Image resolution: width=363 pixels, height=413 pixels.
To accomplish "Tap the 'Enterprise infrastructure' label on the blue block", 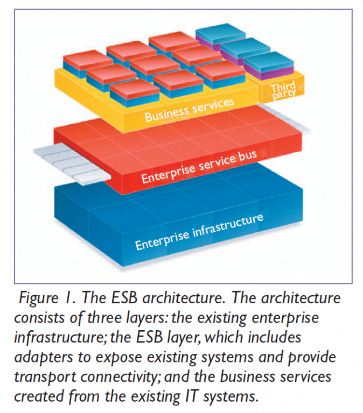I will tap(199, 231).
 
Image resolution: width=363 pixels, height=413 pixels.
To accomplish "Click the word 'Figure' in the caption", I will tap(41, 297).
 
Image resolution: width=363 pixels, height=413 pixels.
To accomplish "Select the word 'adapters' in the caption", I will tap(40, 358).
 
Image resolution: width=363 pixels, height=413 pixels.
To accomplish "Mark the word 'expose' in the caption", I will tap(107, 358).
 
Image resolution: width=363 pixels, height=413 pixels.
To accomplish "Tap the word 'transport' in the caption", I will tap(42, 378).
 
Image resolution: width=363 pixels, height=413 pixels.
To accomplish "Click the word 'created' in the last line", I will tap(36, 397).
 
